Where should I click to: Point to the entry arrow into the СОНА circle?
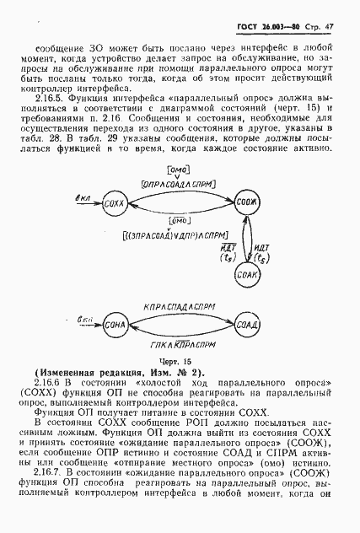pyautogui.click(x=84, y=322)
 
